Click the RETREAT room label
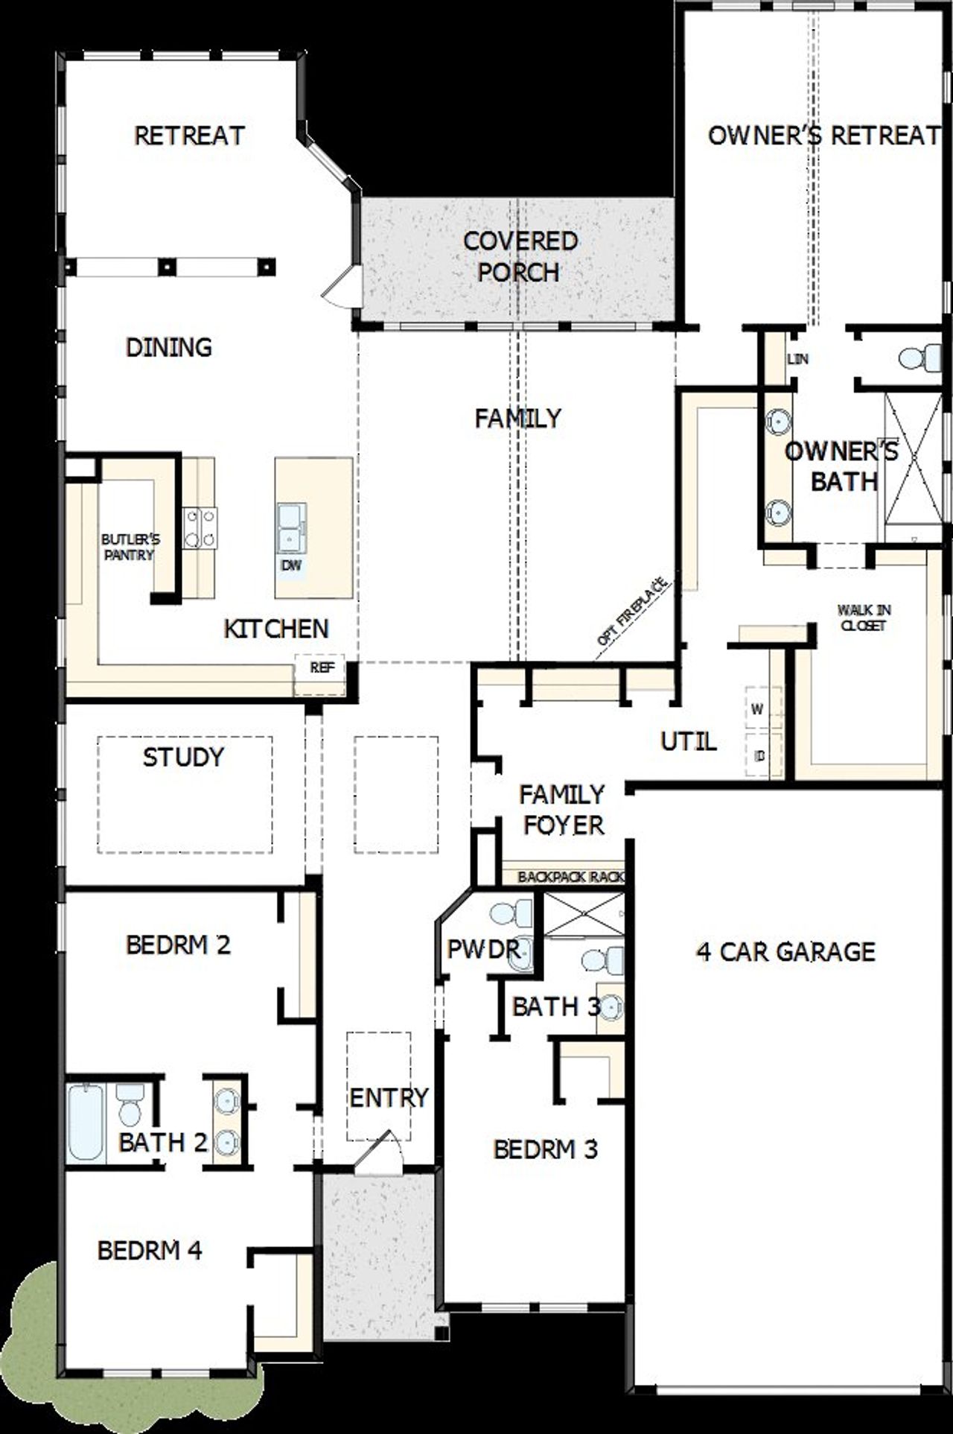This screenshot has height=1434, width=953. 189,136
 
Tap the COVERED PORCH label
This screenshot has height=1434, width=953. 520,257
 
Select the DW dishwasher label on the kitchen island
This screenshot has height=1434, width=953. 291,565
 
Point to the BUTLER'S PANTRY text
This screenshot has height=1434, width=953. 130,547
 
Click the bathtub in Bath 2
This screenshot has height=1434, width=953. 86,1122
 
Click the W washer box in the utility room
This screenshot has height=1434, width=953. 757,709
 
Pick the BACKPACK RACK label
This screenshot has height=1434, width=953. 571,877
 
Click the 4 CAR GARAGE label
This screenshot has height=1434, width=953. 785,951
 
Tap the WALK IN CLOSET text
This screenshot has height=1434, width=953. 864,618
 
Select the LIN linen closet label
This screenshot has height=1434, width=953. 797,359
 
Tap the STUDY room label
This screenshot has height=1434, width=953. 183,758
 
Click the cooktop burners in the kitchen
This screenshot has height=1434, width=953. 200,527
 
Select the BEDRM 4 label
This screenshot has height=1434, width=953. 150,1249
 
